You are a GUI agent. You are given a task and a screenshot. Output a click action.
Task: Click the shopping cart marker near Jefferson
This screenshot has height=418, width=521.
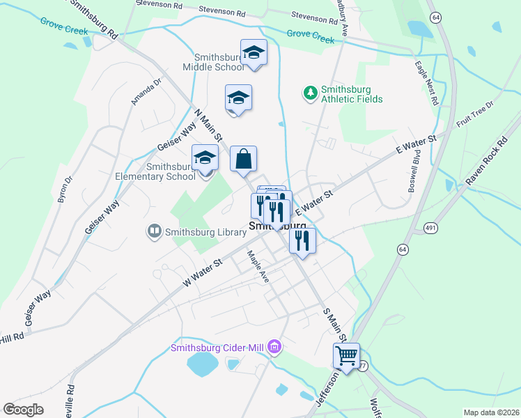point(346,356)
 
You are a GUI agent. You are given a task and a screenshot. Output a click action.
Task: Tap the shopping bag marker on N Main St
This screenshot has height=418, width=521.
point(244,159)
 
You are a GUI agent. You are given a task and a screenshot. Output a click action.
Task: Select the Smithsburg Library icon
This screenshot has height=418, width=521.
point(154,231)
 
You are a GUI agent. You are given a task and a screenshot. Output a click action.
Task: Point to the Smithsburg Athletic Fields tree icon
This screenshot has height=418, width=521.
point(310,92)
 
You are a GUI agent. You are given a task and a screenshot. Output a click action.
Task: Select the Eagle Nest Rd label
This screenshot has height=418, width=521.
point(426,83)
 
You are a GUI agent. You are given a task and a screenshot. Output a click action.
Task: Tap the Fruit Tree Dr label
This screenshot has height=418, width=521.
point(475,114)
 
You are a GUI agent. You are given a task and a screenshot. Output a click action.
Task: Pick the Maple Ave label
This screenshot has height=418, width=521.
point(255,265)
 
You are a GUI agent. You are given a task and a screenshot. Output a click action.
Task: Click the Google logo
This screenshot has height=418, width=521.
point(24,409)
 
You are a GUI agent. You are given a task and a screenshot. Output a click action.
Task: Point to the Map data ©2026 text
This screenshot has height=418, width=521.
point(491,412)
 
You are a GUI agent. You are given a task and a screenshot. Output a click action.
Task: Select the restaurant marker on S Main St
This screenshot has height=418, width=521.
point(302,240)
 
